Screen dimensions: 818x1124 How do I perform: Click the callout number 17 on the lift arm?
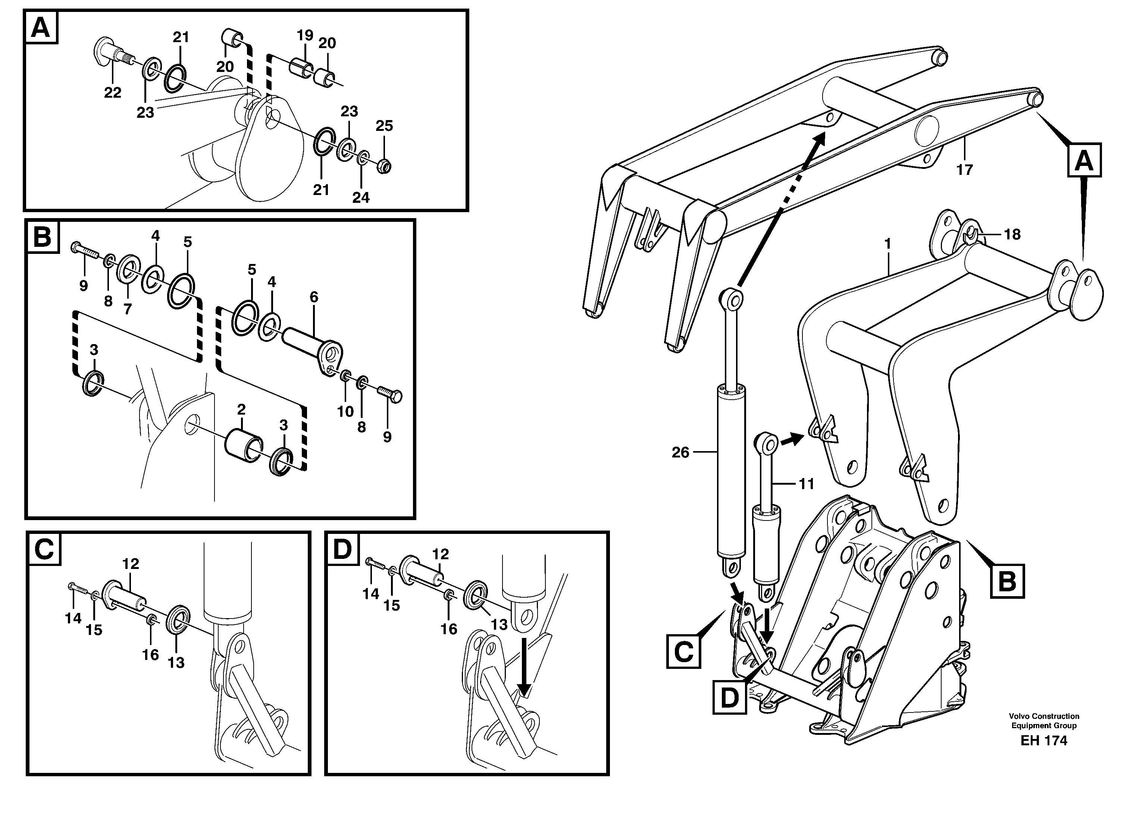[x=964, y=170]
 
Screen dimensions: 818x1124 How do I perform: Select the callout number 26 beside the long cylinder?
[x=680, y=452]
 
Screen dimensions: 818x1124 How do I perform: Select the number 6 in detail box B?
[x=314, y=297]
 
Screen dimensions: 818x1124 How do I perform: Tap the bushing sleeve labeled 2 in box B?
[x=243, y=446]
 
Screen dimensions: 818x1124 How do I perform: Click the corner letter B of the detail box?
[x=42, y=237]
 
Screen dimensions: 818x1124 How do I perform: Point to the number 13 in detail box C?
[x=176, y=662]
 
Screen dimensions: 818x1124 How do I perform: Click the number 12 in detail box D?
[x=440, y=554]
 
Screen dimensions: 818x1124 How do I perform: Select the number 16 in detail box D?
[x=448, y=629]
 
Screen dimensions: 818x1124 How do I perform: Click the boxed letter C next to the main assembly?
[x=683, y=652]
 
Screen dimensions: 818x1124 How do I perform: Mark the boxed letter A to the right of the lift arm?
[x=1084, y=160]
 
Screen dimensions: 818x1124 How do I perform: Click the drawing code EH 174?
[x=1044, y=755]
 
